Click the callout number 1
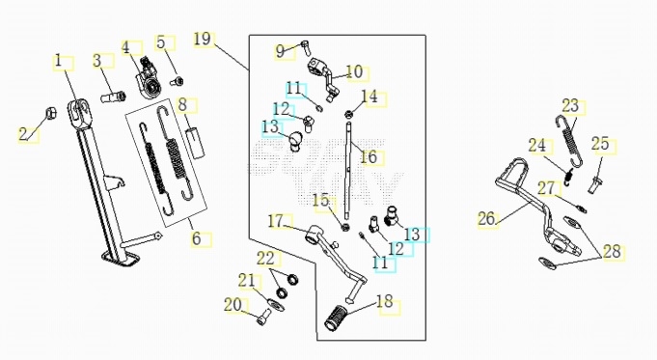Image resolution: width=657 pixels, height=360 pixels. [59, 61]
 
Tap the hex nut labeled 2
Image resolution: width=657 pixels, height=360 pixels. [51, 113]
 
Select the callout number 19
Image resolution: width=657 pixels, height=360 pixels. [203, 40]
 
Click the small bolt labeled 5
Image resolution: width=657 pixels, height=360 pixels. [178, 80]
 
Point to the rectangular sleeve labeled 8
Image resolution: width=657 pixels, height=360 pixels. [196, 143]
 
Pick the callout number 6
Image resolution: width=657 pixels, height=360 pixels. [197, 238]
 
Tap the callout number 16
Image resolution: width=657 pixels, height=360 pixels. [370, 157]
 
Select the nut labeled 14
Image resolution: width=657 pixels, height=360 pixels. [348, 114]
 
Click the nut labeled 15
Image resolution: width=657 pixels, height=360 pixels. [345, 227]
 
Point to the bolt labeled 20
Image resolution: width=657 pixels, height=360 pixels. [262, 317]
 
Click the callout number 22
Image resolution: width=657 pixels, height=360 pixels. [265, 259]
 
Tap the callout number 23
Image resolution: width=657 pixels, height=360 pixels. [570, 106]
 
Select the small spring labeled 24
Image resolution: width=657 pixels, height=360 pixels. [567, 176]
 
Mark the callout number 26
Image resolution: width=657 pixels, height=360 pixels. [486, 219]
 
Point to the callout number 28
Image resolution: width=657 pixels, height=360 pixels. [612, 252]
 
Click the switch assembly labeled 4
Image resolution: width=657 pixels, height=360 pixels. [148, 79]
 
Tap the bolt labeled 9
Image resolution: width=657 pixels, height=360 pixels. [305, 47]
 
